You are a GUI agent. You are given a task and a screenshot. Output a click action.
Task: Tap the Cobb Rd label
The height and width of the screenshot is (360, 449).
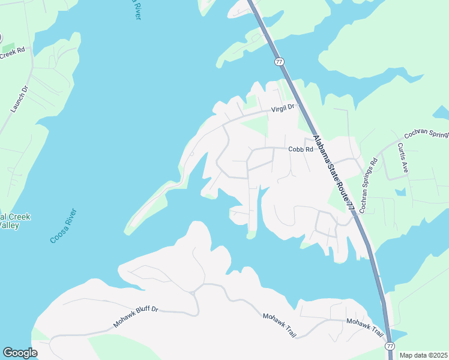point(301,149)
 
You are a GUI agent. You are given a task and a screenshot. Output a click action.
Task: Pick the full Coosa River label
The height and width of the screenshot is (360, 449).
point(63,226)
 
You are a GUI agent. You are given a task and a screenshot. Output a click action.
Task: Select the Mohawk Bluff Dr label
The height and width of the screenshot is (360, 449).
point(135,317)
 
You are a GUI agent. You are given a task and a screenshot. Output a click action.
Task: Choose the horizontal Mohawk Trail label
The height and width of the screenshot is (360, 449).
point(364,322)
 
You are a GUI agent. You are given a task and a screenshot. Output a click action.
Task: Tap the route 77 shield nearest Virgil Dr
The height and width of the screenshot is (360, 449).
point(279,62)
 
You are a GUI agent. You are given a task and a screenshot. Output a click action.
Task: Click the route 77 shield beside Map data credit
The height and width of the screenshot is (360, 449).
point(390,346)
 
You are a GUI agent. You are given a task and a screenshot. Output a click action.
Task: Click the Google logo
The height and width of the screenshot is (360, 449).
point(20,353)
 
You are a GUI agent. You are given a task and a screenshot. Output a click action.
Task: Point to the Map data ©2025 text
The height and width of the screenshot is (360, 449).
point(423,355)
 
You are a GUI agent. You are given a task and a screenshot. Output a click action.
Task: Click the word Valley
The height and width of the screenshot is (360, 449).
point(10,226)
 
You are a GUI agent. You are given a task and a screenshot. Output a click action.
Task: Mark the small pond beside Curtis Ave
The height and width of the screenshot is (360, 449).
point(400,192)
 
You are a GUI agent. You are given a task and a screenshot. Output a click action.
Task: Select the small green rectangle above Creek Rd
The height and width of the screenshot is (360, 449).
point(8,47)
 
